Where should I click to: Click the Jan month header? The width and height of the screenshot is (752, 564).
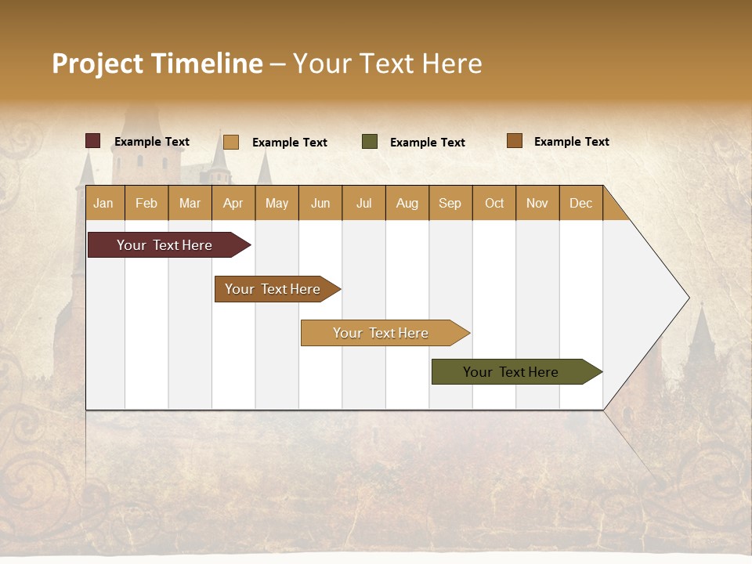(x=103, y=203)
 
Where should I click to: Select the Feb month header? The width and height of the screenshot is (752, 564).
(x=146, y=203)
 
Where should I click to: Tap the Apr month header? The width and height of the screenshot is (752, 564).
(x=233, y=203)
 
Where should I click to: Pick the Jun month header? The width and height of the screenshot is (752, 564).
(x=320, y=203)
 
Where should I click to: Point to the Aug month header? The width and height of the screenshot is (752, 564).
(x=407, y=203)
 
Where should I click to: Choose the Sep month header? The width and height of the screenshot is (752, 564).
(x=450, y=203)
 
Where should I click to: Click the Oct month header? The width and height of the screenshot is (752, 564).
(x=494, y=203)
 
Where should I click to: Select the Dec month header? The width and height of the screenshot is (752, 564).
(x=580, y=203)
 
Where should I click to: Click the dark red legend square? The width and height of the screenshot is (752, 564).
(x=92, y=141)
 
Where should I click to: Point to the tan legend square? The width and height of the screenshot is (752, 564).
(x=230, y=142)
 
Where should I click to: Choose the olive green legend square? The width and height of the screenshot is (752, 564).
(x=370, y=142)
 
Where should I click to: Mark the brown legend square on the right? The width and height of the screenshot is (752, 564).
(x=514, y=141)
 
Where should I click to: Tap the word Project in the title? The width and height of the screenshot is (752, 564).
(x=98, y=63)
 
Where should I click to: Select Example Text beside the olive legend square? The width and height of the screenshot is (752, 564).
(x=427, y=143)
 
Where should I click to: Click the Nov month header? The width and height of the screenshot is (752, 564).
(x=537, y=203)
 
